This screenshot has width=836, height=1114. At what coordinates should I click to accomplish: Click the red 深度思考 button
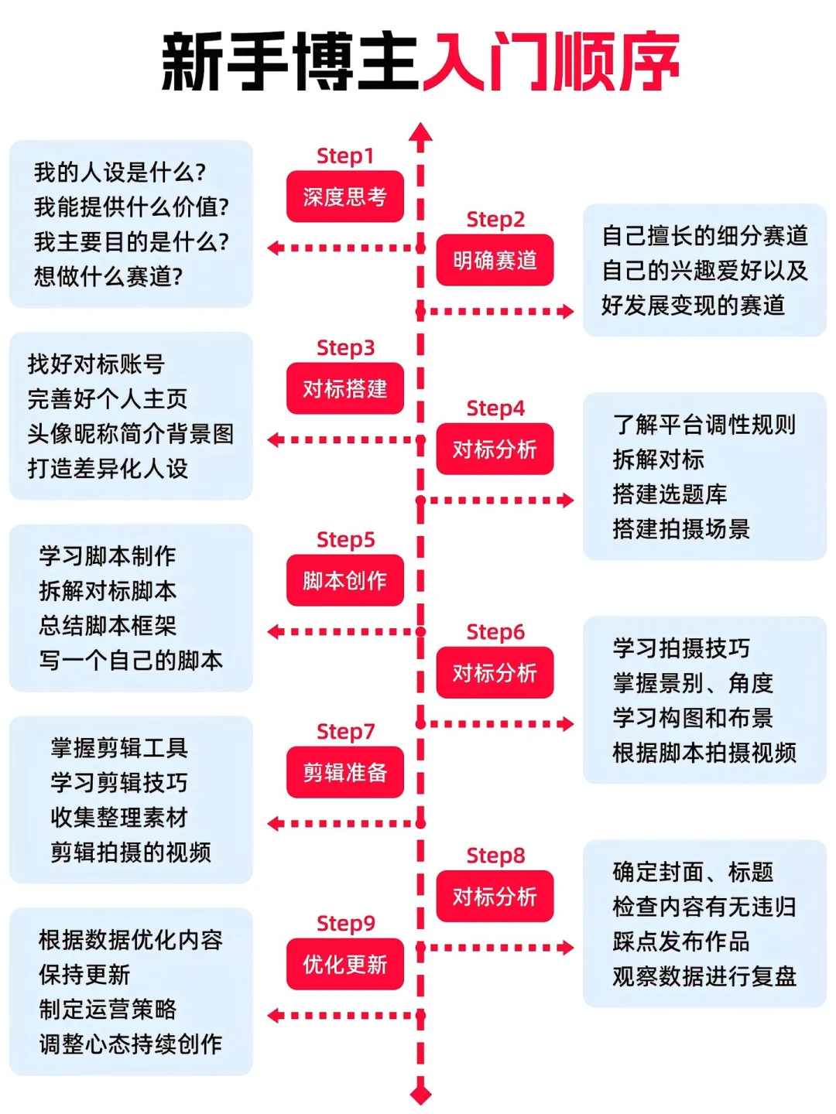[344, 196]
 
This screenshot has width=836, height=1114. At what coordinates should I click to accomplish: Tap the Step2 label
[495, 220]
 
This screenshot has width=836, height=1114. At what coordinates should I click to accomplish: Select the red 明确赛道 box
[495, 260]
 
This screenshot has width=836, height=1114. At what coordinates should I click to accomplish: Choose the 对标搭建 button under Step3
[344, 388]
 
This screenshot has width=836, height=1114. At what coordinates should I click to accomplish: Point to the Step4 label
[495, 408]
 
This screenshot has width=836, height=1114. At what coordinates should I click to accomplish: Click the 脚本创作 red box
[344, 580]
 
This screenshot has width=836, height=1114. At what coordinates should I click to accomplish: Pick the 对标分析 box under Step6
[495, 673]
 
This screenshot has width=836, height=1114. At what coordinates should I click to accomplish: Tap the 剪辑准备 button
[344, 772]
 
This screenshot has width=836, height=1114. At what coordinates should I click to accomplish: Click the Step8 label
[495, 856]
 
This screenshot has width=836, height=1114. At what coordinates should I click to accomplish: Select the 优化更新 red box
[344, 964]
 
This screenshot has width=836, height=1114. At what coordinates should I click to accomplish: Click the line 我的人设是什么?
[120, 172]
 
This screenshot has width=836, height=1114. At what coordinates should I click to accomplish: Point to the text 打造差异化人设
[108, 468]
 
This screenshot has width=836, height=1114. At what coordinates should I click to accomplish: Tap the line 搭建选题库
[670, 494]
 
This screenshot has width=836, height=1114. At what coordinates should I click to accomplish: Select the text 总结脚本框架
[108, 625]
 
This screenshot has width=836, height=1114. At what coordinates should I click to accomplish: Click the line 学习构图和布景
[693, 717]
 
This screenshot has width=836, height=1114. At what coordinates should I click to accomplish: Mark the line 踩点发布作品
[681, 941]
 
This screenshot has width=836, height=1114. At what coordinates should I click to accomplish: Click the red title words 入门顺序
[550, 62]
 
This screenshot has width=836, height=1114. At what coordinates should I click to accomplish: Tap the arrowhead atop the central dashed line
[420, 133]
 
